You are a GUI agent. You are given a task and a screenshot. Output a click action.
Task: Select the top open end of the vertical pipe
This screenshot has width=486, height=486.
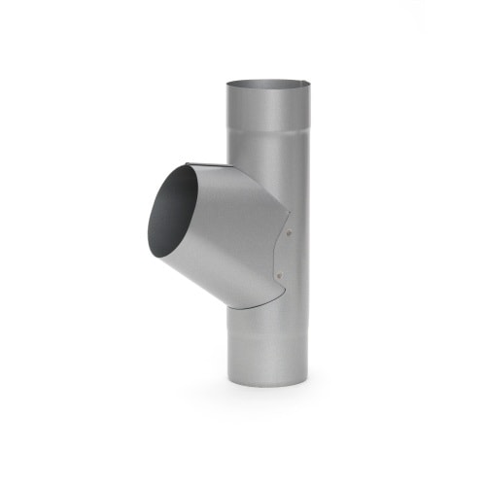pyautogui.click(x=266, y=84)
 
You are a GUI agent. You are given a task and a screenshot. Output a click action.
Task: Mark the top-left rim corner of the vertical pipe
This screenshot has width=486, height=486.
pyautogui.click(x=226, y=84)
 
